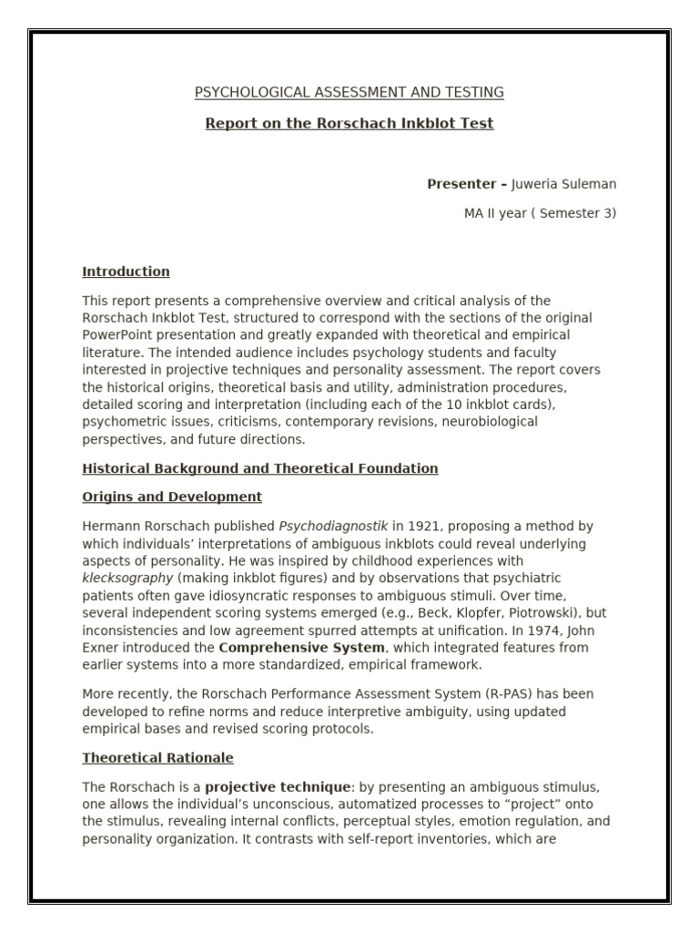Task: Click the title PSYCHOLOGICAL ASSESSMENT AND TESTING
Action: [349, 92]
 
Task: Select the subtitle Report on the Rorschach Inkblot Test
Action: [349, 123]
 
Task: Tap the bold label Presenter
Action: [467, 184]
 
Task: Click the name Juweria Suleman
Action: [564, 184]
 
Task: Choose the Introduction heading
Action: [126, 272]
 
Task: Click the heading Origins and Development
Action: [172, 497]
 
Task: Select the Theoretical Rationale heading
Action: [157, 758]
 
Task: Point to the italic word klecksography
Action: [127, 578]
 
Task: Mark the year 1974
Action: [536, 630]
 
